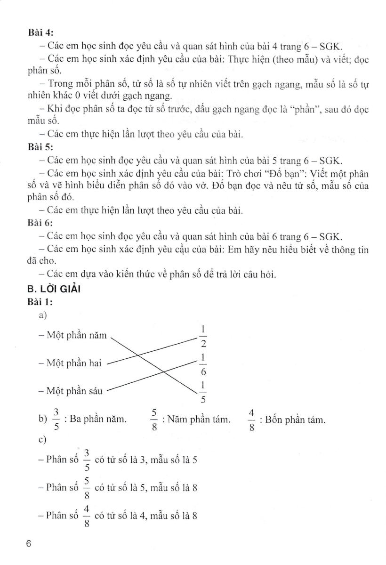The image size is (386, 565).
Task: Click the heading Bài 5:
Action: point(41,146)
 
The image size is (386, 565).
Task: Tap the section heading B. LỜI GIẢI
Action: point(54,289)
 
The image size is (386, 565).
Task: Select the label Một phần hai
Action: point(74,363)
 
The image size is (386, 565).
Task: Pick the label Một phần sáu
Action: point(74,390)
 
